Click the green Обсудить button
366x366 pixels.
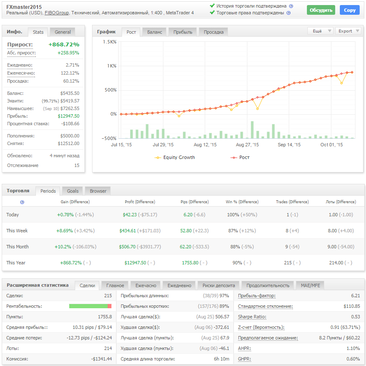pyautogui.click(x=321, y=10)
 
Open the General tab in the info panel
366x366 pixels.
pyautogui.click(x=62, y=32)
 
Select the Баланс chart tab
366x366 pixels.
pyautogui.click(x=155, y=32)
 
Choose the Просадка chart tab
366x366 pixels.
pyautogui.click(x=213, y=32)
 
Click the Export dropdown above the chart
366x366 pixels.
pyautogui.click(x=348, y=31)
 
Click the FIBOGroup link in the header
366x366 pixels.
pyautogui.click(x=57, y=13)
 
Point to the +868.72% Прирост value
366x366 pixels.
pyautogui.click(x=64, y=44)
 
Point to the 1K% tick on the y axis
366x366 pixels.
pyautogui.click(x=112, y=66)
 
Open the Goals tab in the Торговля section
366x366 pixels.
pyautogui.click(x=73, y=191)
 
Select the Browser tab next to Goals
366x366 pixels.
pyautogui.click(x=98, y=191)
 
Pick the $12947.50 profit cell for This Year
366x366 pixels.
pyautogui.click(x=135, y=263)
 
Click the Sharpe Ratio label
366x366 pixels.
pyautogui.click(x=252, y=317)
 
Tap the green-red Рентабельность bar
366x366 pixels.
pyautogui.click(x=90, y=306)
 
